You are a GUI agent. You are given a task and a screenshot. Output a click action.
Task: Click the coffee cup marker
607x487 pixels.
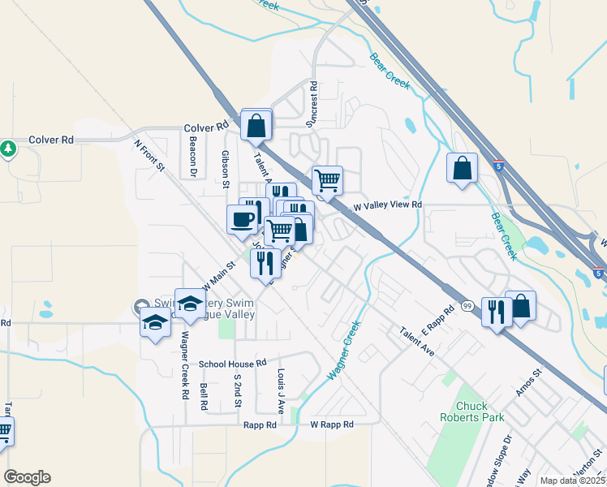pos(243,220)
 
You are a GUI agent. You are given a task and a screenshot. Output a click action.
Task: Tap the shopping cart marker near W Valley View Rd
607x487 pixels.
pos(327,179)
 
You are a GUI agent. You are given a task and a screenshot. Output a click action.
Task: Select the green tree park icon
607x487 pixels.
pos(8,149)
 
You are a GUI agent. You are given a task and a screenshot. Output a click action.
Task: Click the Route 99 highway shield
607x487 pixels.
pos(467,305)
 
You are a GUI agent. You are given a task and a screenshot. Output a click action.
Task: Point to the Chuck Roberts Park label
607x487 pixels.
pos(480,412)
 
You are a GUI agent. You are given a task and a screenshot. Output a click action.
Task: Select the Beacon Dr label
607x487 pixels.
pos(194,156)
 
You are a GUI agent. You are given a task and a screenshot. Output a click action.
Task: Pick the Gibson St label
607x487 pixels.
pos(226,169)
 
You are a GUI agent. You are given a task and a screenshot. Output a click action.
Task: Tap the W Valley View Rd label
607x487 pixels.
pos(386,205)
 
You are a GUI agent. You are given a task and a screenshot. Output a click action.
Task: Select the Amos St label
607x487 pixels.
pos(527,384)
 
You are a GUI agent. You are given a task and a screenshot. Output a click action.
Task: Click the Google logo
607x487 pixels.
pos(27,477)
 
